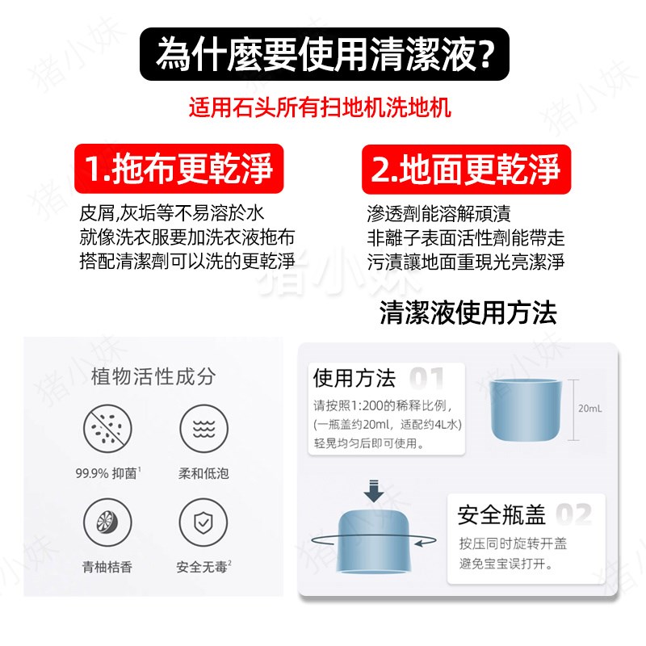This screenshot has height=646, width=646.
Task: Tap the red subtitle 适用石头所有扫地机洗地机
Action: (x=321, y=107)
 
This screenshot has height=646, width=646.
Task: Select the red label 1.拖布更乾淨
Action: (x=178, y=170)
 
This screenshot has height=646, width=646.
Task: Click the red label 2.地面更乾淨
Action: (x=466, y=170)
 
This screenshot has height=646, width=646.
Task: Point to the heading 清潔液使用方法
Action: (x=468, y=313)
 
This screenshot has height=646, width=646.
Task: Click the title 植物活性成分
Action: (x=153, y=377)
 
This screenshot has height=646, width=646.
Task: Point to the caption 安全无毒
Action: (x=203, y=566)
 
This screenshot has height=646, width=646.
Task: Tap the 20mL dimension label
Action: (x=589, y=409)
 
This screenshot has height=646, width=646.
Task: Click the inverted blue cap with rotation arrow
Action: (x=372, y=539)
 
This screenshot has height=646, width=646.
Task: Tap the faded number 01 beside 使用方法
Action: (x=427, y=379)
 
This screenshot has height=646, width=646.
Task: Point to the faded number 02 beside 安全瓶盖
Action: (x=573, y=514)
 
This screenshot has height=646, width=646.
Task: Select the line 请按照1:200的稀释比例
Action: (x=388, y=405)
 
